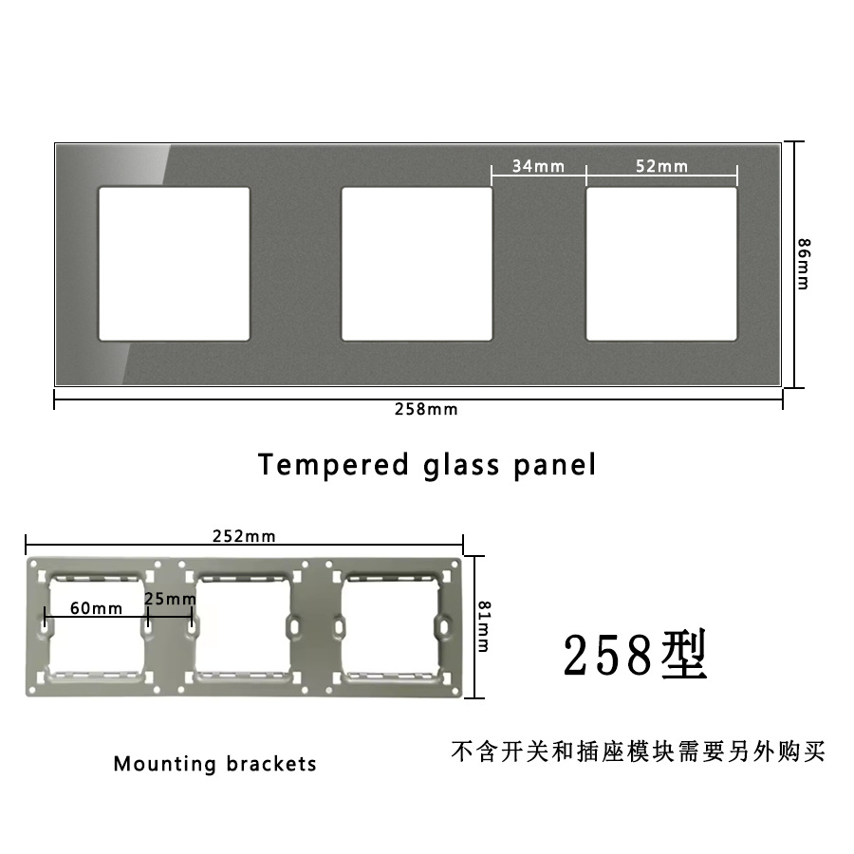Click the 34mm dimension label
tap(538, 166)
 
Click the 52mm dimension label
tap(661, 166)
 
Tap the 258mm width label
tap(426, 410)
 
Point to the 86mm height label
tap(803, 263)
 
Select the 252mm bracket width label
tap(244, 536)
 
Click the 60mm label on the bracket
tap(96, 608)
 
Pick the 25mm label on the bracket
tap(171, 599)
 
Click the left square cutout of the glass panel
tap(175, 264)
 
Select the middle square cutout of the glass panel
tap(417, 264)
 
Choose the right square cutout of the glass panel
tap(661, 264)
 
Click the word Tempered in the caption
tap(330, 466)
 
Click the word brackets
tap(271, 764)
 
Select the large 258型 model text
tap(636, 655)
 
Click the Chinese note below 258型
tap(638, 752)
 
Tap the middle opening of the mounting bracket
tap(242, 625)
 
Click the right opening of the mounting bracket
tap(389, 625)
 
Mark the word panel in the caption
tap(558, 466)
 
